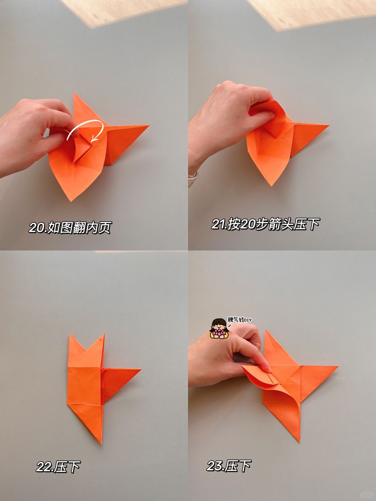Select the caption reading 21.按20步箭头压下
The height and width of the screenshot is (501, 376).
pyautogui.click(x=265, y=224)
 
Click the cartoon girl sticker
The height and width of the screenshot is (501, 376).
pyautogui.click(x=219, y=329)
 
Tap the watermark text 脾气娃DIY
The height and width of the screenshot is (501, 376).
pyautogui.click(x=240, y=320)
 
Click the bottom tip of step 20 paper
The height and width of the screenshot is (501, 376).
pyautogui.click(x=71, y=201)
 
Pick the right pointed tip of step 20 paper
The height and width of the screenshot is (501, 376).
pyautogui.click(x=149, y=125)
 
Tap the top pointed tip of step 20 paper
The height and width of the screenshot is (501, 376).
pyautogui.click(x=74, y=93)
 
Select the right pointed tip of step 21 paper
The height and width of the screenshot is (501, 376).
pyautogui.click(x=329, y=125)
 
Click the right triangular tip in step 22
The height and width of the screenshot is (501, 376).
pyautogui.click(x=141, y=369)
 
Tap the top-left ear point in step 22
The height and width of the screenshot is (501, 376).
pyautogui.click(x=70, y=334)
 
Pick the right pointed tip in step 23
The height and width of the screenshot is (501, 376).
pyautogui.click(x=338, y=366)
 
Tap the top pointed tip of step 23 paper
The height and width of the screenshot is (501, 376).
pyautogui.click(x=266, y=330)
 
